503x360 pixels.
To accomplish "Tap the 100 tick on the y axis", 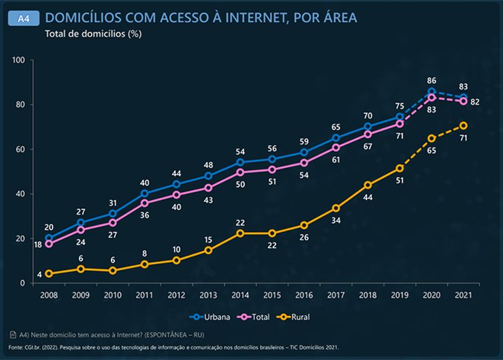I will tap(18, 61).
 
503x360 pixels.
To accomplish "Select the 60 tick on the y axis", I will tap(21, 149).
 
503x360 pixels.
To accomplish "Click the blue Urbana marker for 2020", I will tap(432, 91).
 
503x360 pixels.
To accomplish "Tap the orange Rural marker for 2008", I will tap(49, 274).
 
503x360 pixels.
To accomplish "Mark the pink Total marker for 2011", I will tap(145, 203).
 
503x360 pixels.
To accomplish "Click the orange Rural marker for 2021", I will tap(463, 125).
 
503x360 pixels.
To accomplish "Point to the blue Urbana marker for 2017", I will tap(336, 139).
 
